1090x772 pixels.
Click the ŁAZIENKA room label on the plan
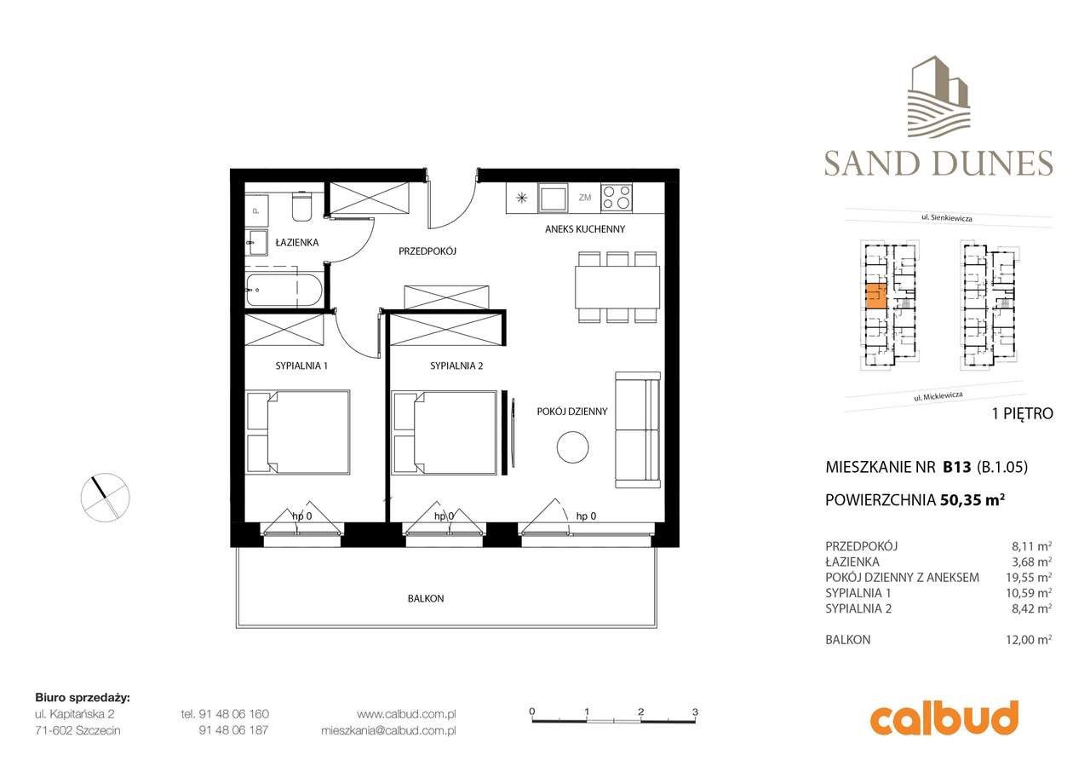click(x=296, y=243)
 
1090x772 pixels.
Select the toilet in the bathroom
click(x=302, y=205)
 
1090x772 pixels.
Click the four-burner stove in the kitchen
click(x=617, y=198)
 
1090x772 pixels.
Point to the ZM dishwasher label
click(x=585, y=198)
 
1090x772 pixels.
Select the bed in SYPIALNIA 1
click(x=298, y=432)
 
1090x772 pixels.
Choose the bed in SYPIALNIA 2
click(x=445, y=432)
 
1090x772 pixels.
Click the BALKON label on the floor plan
click(x=425, y=599)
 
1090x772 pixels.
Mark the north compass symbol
click(x=106, y=495)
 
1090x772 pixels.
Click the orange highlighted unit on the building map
click(x=875, y=297)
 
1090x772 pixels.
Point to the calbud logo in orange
click(x=944, y=717)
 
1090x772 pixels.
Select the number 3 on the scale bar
click(x=695, y=711)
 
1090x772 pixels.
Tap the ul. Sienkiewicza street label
click(x=947, y=218)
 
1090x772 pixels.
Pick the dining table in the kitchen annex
click(x=617, y=287)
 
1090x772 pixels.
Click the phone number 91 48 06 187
click(x=233, y=730)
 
